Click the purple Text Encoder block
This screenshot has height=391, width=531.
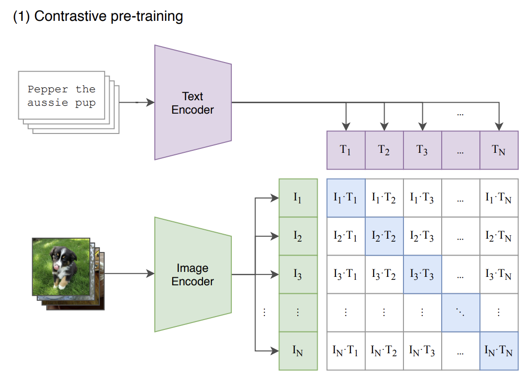[193, 103]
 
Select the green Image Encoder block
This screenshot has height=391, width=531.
[193, 274]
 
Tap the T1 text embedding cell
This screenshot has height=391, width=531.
[346, 150]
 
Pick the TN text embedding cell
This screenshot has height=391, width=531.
[499, 150]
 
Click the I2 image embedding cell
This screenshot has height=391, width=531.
[298, 236]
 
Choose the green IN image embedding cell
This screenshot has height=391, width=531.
[298, 351]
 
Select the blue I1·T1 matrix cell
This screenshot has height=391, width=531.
[346, 198]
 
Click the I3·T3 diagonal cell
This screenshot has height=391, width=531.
[422, 274]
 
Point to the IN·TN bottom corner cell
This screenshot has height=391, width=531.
[499, 351]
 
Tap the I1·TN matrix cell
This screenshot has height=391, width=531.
[499, 198]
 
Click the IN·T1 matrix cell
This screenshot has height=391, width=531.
[346, 351]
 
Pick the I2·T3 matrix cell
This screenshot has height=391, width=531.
[422, 236]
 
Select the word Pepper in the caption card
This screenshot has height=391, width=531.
[48, 89]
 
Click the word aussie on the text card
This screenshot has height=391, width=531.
[48, 103]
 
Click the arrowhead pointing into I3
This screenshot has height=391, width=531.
[274, 274]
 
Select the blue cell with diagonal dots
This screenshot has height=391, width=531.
[461, 313]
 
